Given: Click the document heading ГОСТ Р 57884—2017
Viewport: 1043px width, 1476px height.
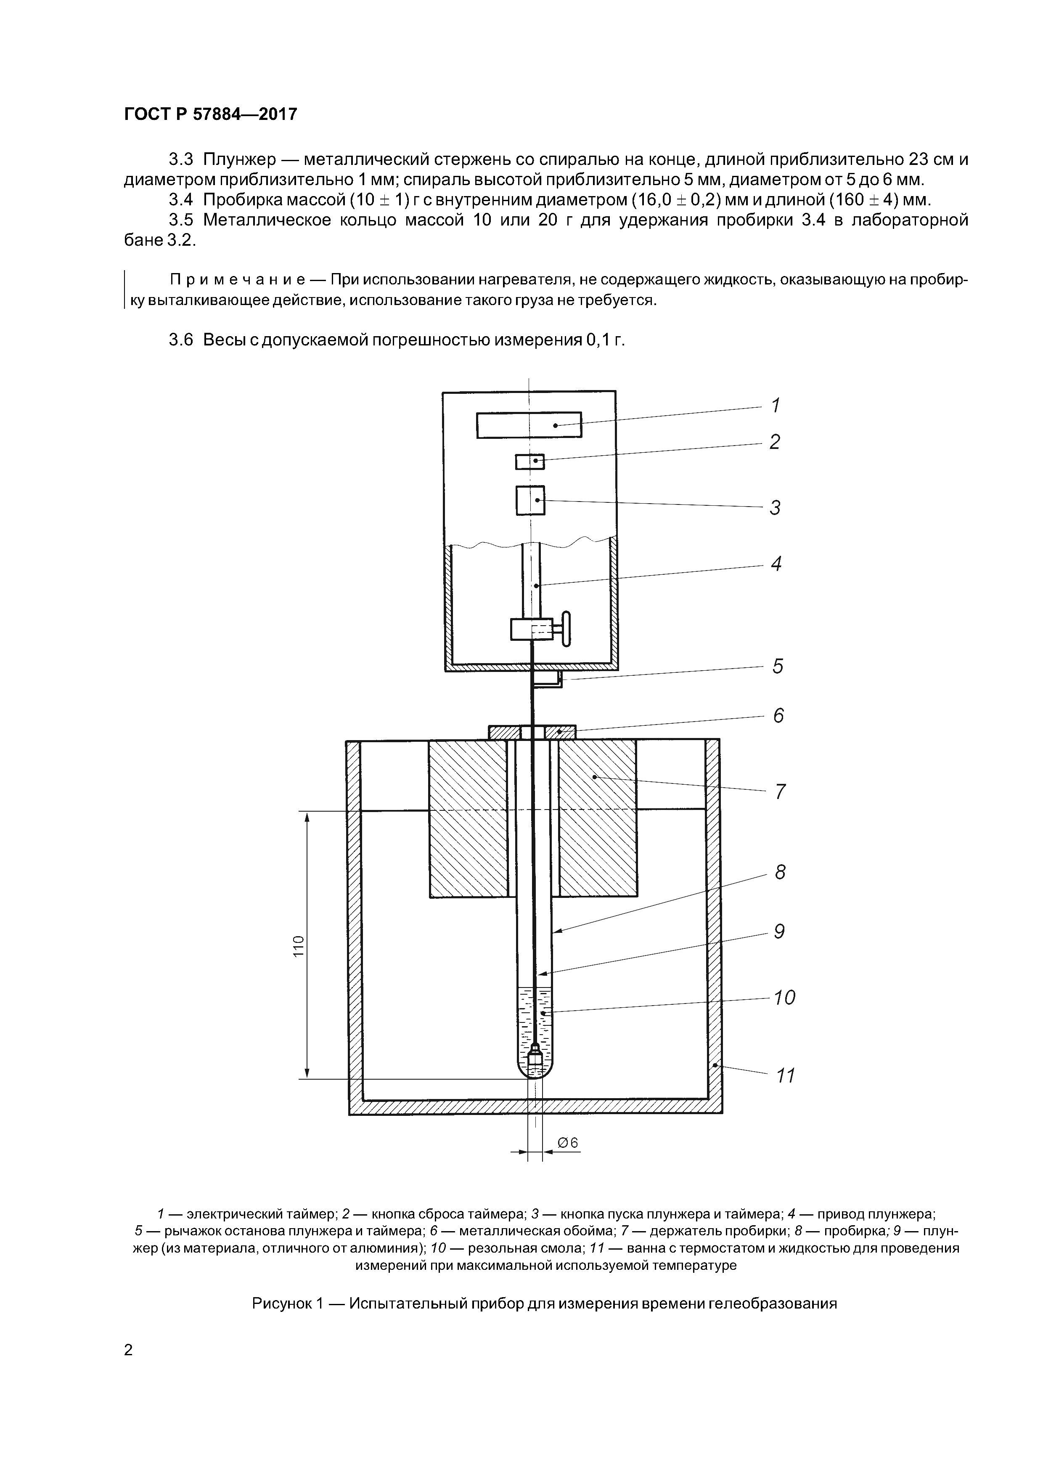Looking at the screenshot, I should (210, 114).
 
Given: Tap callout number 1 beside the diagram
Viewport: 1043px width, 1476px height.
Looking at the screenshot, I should (775, 405).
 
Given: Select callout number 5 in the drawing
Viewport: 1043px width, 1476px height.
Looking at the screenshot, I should (778, 666).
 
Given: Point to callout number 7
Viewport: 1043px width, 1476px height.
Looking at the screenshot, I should (780, 791).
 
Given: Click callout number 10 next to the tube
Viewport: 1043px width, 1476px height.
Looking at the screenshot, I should (784, 998).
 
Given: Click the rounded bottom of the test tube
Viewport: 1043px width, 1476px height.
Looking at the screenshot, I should (535, 1070).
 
